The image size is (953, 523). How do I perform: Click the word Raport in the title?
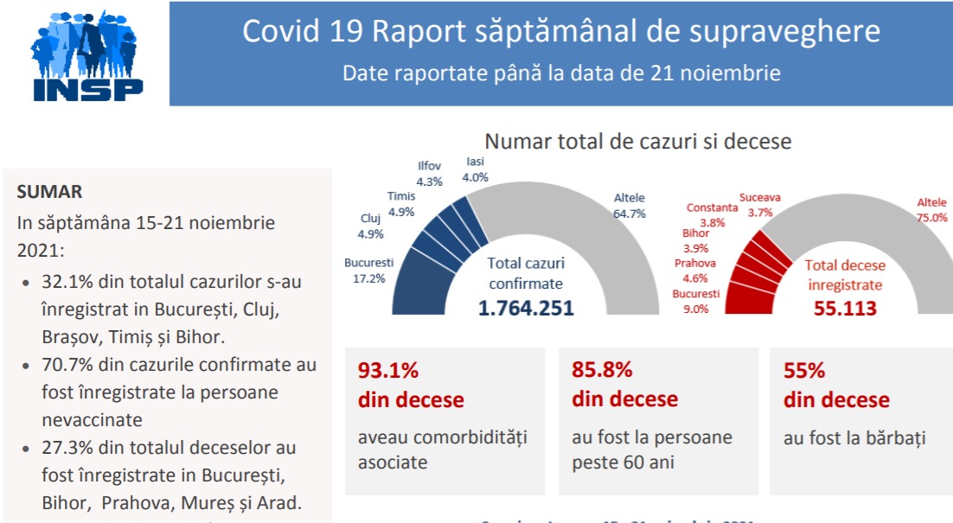(x=417, y=31)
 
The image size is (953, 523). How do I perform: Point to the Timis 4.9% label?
(x=401, y=204)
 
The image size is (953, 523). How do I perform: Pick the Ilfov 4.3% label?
(x=430, y=174)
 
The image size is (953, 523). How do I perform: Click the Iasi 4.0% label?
(x=476, y=169)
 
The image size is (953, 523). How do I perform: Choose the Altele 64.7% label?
(x=630, y=206)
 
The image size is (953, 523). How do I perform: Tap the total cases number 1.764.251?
(x=526, y=308)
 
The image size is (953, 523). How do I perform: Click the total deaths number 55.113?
(x=845, y=308)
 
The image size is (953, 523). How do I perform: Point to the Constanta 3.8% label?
(x=712, y=214)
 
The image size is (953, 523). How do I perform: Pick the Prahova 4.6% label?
(x=695, y=271)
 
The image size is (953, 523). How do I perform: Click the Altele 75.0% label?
(x=931, y=210)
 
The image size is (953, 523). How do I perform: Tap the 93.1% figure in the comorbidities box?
(x=388, y=371)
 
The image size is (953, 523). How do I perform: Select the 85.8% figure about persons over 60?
(x=602, y=371)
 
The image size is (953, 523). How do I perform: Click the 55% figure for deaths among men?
(x=804, y=371)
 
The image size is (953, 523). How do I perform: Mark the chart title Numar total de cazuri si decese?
(x=638, y=141)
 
